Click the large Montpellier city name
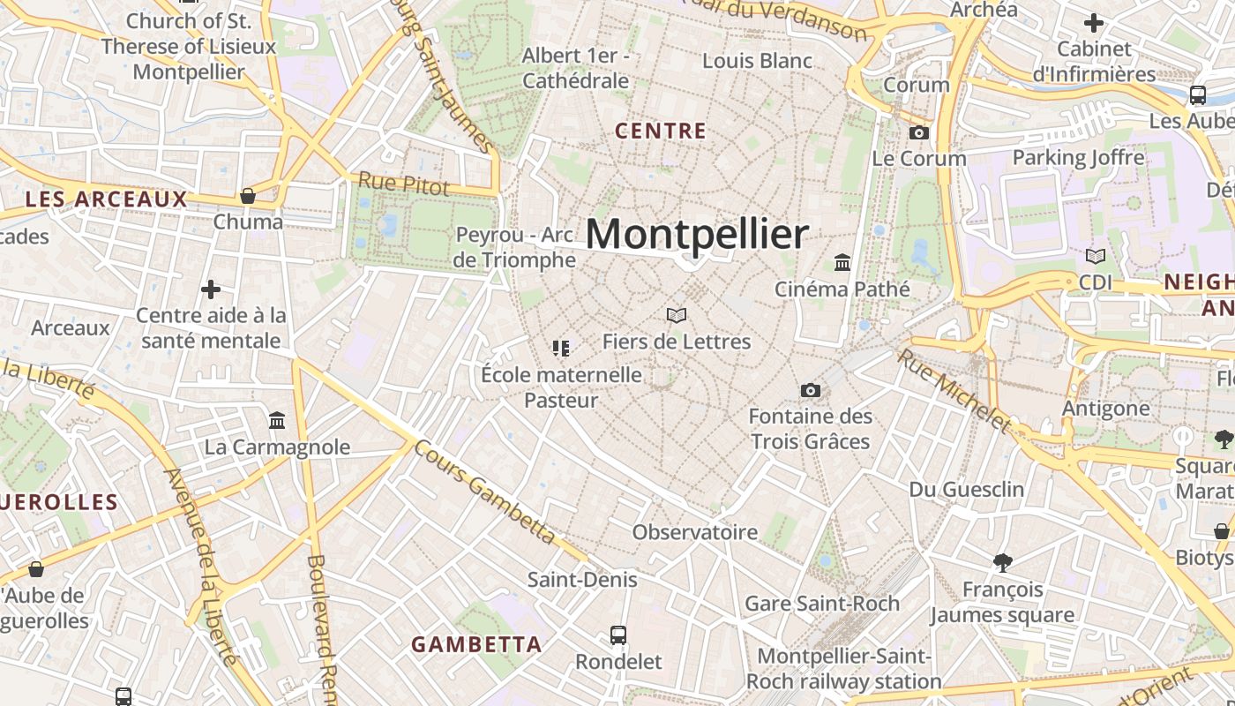coord(696,235)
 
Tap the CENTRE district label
coord(661,131)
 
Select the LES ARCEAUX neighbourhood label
coord(106,199)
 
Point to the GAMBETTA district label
coord(476,645)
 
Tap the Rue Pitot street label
coord(403,184)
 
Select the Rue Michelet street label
coord(954,390)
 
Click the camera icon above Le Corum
coord(918,132)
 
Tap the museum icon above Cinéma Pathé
coord(842,263)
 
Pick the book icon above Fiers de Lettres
coord(677,315)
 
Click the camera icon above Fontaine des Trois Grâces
coord(810,390)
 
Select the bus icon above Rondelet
coord(618,635)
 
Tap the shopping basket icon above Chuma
coord(248,195)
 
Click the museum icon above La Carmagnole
coord(277,420)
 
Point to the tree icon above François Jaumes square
coord(1002,562)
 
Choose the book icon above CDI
coord(1095,257)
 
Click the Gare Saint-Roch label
coord(822,604)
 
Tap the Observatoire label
coord(694,532)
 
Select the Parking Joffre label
coord(1078,158)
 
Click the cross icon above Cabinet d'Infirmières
coord(1094,23)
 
